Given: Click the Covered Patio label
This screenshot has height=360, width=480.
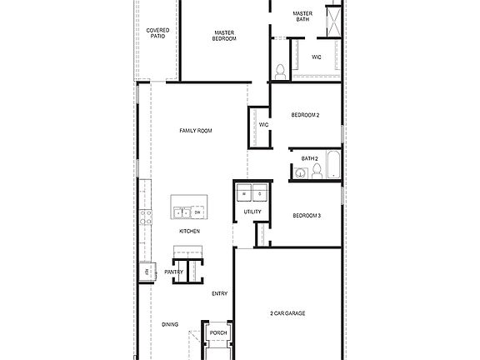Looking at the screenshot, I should click(x=158, y=33).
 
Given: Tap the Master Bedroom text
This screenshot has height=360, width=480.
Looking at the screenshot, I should click(x=223, y=36).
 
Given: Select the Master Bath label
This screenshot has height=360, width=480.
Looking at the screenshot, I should click(x=302, y=17).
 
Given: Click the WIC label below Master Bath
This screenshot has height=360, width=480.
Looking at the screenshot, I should click(x=317, y=57).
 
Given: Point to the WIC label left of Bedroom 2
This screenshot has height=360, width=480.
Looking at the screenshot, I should click(x=263, y=124).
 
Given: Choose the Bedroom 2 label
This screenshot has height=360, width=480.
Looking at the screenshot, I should click(x=306, y=115).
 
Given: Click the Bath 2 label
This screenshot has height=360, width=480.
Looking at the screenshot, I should click(x=310, y=158).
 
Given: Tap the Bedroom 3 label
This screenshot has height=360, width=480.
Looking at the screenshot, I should click(x=307, y=216).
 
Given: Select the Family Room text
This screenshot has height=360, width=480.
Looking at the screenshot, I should click(x=196, y=131).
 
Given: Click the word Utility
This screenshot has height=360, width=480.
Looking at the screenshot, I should click(x=252, y=212).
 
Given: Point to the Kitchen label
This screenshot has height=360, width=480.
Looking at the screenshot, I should click(x=189, y=231).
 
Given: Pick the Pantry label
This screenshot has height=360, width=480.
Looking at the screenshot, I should click(x=173, y=272).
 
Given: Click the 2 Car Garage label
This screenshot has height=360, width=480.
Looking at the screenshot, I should click(x=287, y=313).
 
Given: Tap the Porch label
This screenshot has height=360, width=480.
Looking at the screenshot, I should click(x=218, y=333).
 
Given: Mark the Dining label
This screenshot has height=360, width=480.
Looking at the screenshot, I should click(x=170, y=325).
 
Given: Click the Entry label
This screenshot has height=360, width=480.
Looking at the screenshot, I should click(x=220, y=293).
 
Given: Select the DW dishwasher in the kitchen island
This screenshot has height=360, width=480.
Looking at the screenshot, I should click(x=197, y=212).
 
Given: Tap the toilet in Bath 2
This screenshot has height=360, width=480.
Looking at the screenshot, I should click(x=317, y=172).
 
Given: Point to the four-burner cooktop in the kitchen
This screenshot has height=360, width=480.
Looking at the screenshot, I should click(x=146, y=218).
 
